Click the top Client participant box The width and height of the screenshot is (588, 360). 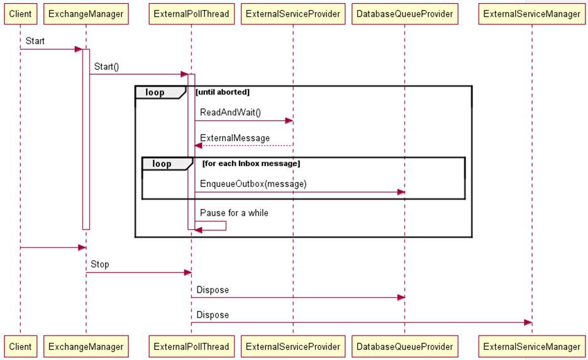tap(20, 14)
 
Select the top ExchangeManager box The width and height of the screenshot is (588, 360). tap(86, 14)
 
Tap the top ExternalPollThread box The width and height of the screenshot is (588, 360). tap(191, 14)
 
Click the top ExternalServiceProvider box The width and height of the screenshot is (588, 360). tap(293, 14)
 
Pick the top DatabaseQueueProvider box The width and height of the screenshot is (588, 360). tap(404, 14)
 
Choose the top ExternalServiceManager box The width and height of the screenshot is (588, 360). tap(532, 14)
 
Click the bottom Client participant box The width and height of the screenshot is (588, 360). tap(20, 346)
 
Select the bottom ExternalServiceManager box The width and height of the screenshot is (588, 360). tap(532, 346)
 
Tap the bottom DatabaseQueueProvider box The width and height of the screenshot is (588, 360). tap(404, 346)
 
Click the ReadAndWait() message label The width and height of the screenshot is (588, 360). tap(230, 113)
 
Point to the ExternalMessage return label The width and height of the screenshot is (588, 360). tap(235, 138)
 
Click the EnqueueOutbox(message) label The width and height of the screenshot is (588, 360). tap(253, 184)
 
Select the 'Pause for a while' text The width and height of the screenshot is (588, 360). tap(234, 213)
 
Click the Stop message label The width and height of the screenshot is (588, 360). tap(99, 264)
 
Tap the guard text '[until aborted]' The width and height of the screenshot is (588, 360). tap(223, 92)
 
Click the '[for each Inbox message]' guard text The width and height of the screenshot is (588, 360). tap(251, 164)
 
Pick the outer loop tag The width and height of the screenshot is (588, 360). tap(155, 93)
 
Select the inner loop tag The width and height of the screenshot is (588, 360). tap(162, 164)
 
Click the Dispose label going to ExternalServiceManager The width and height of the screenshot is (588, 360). tap(213, 315)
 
